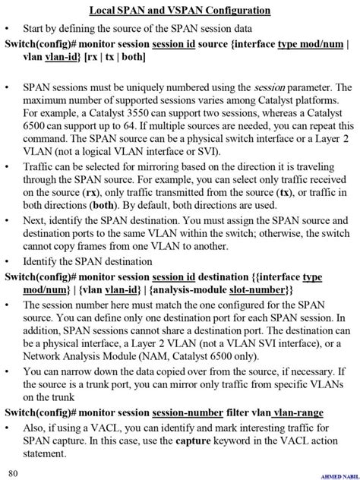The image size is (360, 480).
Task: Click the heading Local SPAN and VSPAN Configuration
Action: click(x=179, y=11)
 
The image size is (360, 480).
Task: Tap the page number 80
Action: click(x=14, y=473)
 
